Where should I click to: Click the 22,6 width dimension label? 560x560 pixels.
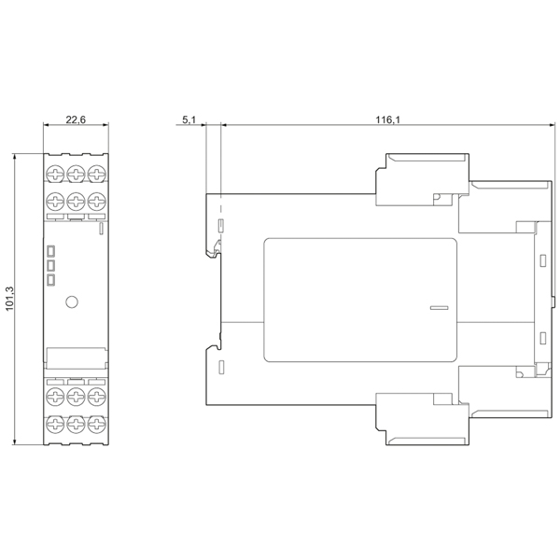76,119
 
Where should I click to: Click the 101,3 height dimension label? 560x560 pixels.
9,299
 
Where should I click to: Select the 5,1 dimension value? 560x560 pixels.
189,119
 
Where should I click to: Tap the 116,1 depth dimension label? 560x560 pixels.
388,119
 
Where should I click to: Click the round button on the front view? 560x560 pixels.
72,302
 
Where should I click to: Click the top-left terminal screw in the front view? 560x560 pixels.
55,174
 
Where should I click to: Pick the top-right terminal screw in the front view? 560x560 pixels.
97,174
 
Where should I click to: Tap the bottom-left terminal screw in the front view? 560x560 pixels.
55,425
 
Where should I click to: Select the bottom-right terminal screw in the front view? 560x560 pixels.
97,425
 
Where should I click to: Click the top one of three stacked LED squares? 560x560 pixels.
51,251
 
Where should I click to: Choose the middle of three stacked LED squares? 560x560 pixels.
51,266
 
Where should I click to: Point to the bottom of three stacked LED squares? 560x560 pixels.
51,280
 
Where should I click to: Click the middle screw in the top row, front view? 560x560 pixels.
77,174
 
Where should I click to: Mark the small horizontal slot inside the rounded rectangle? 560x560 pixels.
439,307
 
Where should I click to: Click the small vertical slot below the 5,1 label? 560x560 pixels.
221,225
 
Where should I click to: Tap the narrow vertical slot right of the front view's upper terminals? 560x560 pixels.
101,228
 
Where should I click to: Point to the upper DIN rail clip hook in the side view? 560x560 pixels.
214,250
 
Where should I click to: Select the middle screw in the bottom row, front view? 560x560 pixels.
77,425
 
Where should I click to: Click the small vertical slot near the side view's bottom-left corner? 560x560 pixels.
221,367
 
